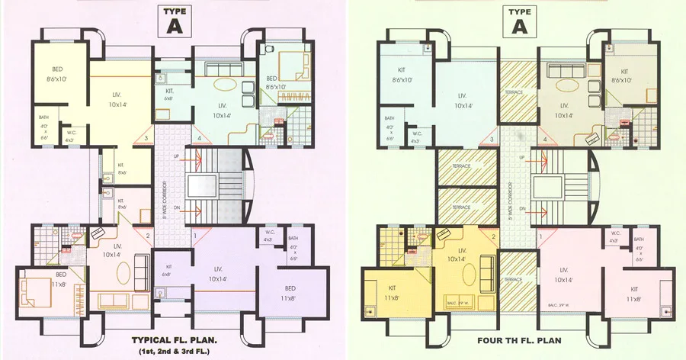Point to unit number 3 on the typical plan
click(146, 139)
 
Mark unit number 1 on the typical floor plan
click(194, 236)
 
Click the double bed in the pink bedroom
click(39, 289)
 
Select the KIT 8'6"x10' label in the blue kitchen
click(402, 75)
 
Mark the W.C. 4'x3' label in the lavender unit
click(270, 236)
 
